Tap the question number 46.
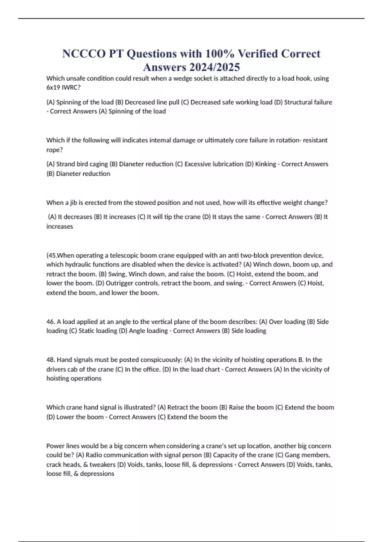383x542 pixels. click(x=51, y=322)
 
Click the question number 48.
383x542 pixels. click(x=51, y=360)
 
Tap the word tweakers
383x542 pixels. click(x=102, y=465)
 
